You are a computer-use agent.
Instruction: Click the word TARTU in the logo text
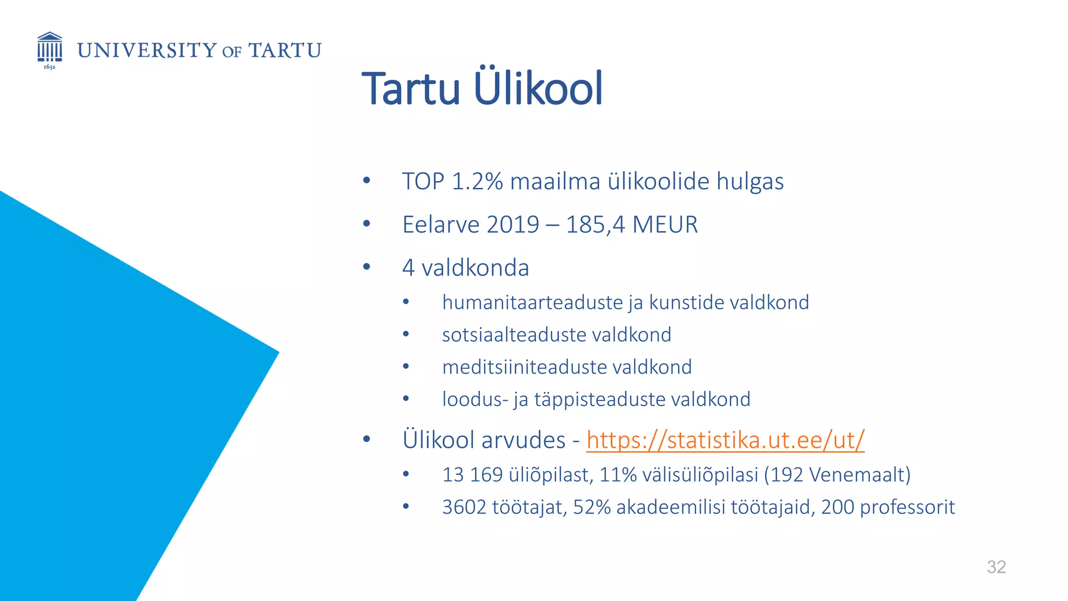click(x=285, y=51)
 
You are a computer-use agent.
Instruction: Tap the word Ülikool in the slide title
click(x=538, y=88)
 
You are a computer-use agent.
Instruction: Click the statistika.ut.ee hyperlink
click(x=725, y=439)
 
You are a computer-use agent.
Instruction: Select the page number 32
click(x=996, y=567)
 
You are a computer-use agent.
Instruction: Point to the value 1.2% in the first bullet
click(x=477, y=182)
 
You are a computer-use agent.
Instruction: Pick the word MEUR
click(x=665, y=225)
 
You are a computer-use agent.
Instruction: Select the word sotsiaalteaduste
click(x=514, y=335)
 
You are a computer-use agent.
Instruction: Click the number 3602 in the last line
click(x=464, y=507)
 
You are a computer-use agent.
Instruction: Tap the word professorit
click(x=907, y=507)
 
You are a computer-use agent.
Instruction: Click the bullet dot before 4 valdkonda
click(x=367, y=267)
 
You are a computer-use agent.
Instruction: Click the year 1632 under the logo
click(x=49, y=67)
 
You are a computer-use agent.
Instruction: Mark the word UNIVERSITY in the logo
click(x=147, y=51)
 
